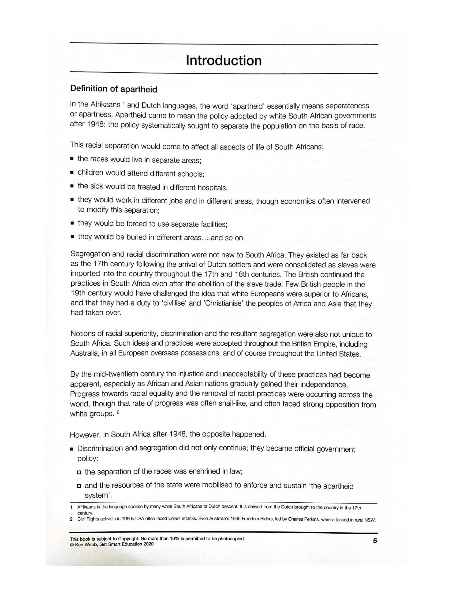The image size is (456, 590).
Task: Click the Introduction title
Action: click(224, 60)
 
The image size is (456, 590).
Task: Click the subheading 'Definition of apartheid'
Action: click(113, 89)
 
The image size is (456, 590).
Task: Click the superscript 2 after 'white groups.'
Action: click(118, 413)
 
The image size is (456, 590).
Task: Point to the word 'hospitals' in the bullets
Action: click(213, 188)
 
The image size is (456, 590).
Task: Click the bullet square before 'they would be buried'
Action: click(72, 237)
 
